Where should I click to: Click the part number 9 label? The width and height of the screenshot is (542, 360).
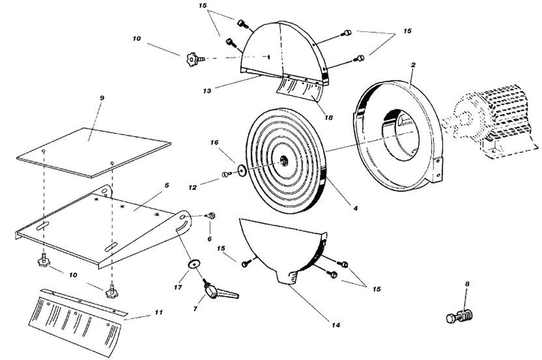coord(102,98)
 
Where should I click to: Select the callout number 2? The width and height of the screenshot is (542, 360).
coord(413,65)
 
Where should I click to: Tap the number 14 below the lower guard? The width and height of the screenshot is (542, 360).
coord(336,325)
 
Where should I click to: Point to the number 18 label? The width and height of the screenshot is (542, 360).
coord(329,117)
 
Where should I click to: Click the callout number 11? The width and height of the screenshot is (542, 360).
coord(158,312)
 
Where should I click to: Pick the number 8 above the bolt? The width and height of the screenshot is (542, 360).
coord(467,284)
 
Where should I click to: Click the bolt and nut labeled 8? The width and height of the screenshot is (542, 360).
coord(460,316)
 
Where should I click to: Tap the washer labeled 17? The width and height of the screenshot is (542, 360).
coord(193,264)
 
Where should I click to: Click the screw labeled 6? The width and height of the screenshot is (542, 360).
coord(211,216)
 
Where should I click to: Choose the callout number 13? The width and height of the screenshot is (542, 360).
coord(207,91)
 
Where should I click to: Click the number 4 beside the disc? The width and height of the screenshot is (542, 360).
coord(355,208)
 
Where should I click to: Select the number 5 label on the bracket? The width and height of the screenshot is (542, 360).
coord(167,185)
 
